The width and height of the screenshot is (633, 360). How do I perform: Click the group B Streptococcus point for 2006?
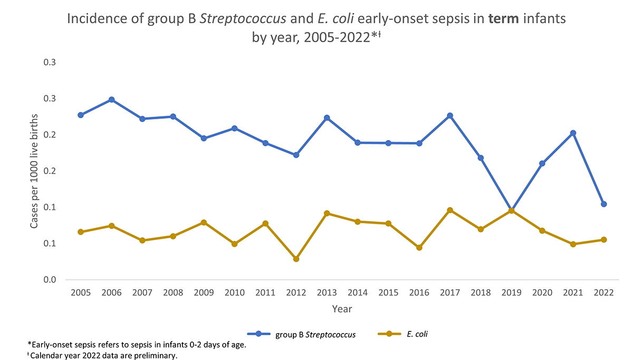[x=111, y=100]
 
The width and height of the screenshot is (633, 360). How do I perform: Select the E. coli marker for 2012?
[x=296, y=259]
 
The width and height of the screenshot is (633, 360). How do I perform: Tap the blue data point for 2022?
[x=603, y=204]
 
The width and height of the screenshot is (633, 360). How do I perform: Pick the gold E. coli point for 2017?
[x=450, y=210]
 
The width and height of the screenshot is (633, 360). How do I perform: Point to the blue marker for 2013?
[x=327, y=118]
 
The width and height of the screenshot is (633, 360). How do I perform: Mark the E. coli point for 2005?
[x=81, y=232]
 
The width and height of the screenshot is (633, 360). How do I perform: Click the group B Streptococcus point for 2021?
[x=573, y=133]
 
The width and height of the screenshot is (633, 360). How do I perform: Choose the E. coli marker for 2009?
[x=204, y=222]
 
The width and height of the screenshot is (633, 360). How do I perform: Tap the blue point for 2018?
[x=481, y=158]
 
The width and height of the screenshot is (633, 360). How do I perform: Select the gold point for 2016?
[x=419, y=248]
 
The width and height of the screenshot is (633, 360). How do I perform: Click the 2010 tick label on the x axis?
[x=234, y=293]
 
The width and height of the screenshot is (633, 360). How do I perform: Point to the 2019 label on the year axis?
[x=511, y=293]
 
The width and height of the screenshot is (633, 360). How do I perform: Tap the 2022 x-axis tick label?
[x=603, y=293]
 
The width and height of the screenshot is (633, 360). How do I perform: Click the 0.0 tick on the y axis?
[x=50, y=280]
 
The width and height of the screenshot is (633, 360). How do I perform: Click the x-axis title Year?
[x=342, y=309]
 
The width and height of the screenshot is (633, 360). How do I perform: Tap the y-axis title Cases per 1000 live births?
[x=34, y=170]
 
